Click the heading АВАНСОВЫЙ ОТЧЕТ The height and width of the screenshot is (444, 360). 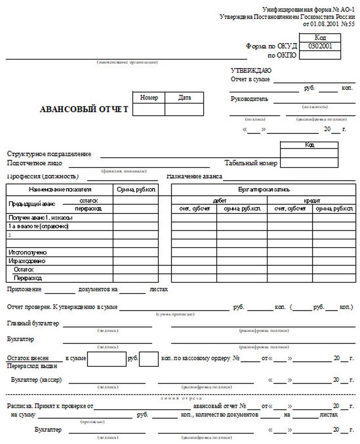(x=84, y=110)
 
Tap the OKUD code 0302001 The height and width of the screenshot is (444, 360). (x=320, y=46)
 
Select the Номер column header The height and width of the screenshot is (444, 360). (x=149, y=98)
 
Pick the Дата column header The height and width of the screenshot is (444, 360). (x=184, y=98)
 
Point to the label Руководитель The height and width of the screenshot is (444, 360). (x=250, y=99)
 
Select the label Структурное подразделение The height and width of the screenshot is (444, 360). (x=49, y=154)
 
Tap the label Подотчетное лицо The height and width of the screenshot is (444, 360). (x=35, y=163)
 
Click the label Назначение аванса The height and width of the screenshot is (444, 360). (x=194, y=176)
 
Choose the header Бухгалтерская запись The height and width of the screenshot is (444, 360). (x=264, y=190)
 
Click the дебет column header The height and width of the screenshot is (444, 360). (x=219, y=200)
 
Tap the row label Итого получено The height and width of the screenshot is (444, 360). (x=28, y=252)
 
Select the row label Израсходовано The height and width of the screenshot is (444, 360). (x=27, y=261)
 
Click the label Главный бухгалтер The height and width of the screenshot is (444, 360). (x=33, y=323)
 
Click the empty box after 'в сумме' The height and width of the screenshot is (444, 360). (x=106, y=358)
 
